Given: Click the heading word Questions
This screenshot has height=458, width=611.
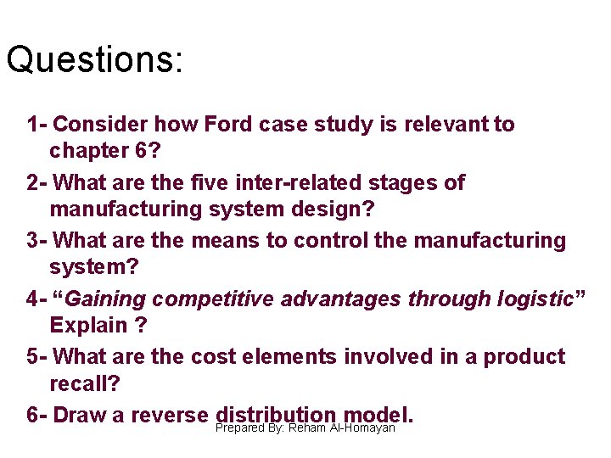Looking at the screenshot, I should (x=93, y=60).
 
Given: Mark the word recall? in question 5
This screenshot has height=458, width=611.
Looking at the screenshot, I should (x=85, y=383).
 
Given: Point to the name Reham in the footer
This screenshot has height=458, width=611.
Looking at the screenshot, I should (x=307, y=428).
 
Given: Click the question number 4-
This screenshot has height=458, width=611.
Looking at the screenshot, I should (x=36, y=299).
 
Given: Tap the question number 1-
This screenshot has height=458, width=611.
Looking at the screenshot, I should (x=36, y=125).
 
